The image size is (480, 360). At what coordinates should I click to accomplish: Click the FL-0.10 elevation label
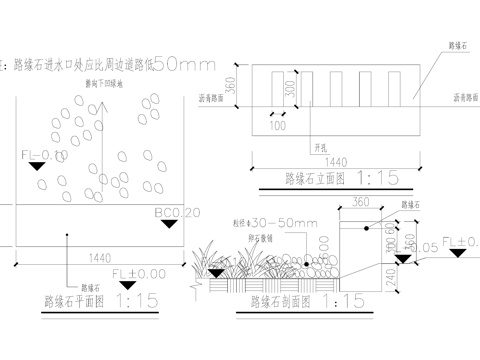click(43, 155)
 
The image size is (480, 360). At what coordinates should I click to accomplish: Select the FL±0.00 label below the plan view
click(137, 273)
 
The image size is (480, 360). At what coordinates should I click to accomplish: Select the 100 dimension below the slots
click(277, 126)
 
